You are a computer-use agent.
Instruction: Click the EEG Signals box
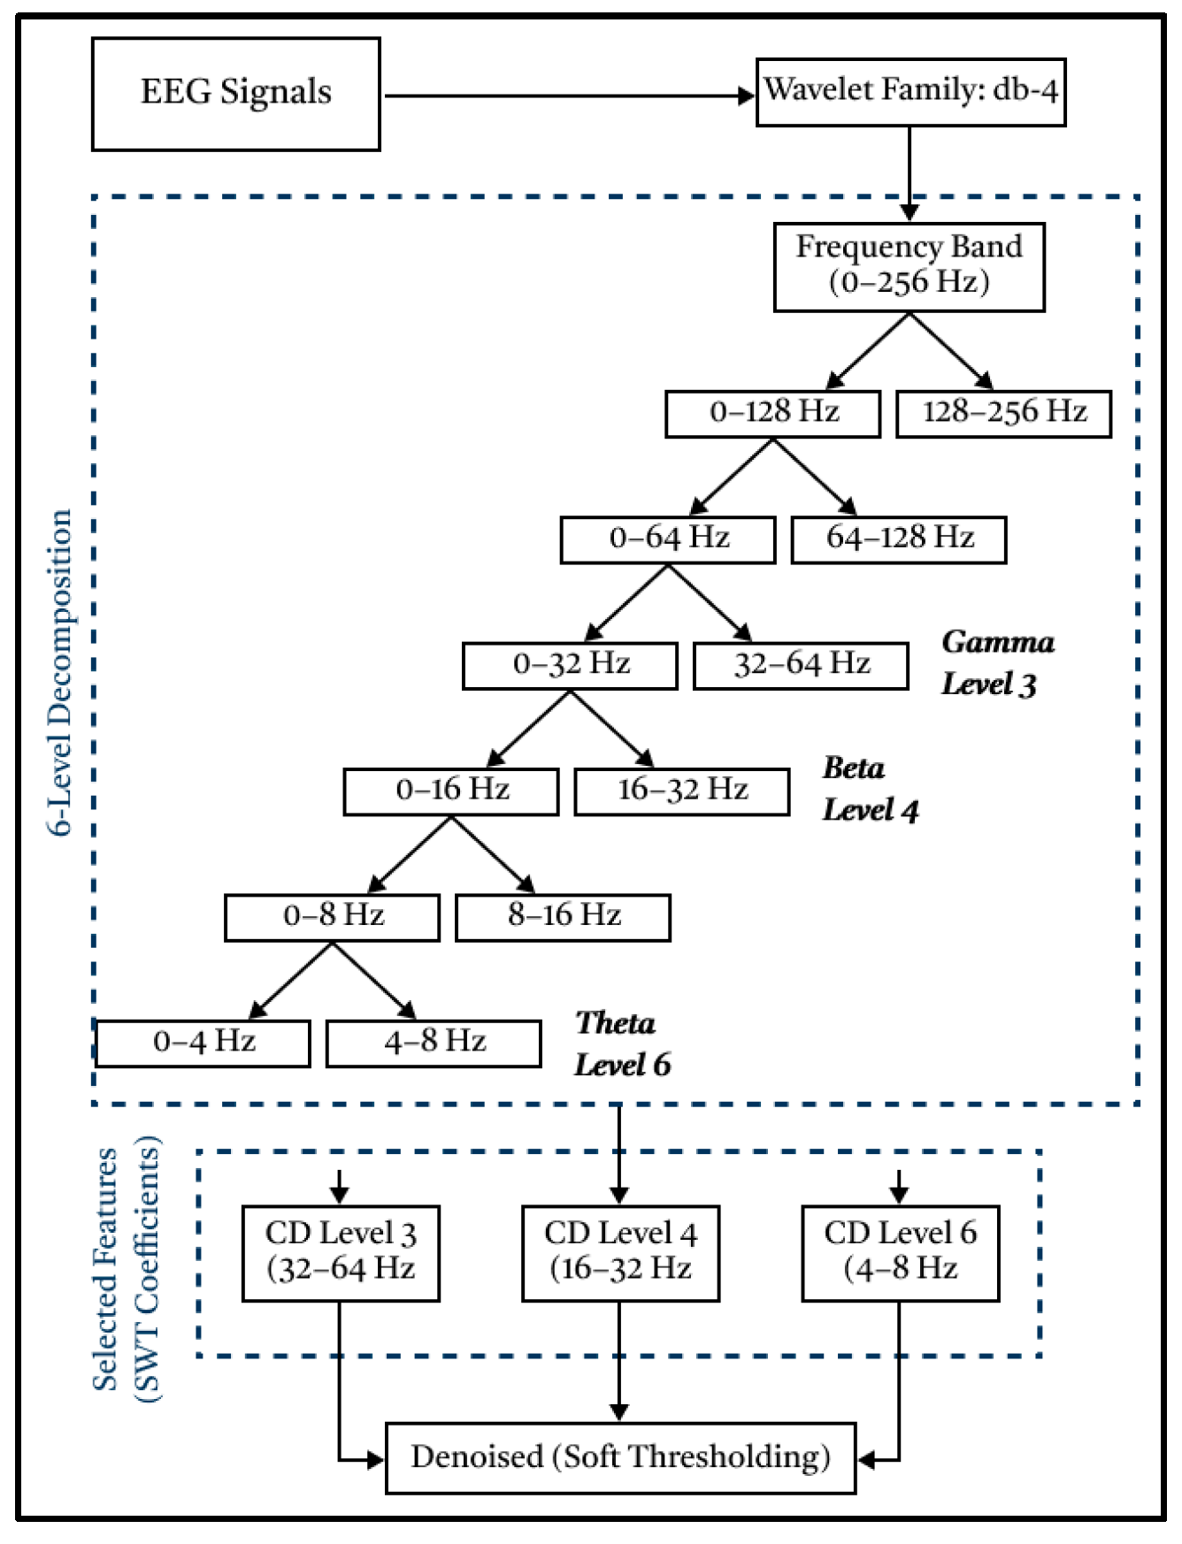coord(236,94)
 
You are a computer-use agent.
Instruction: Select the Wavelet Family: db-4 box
coord(910,92)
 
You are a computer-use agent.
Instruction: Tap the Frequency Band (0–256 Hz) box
coord(909,266)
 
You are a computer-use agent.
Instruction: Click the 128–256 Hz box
coord(1003,413)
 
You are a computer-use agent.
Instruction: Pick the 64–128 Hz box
coord(898,539)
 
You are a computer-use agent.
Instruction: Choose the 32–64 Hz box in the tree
coord(801,665)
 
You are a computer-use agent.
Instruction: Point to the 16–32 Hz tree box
coord(681,791)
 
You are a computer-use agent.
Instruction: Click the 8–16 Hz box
coord(563,916)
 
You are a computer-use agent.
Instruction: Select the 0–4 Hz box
coord(203,1043)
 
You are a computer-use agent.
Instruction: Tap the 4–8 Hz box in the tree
coord(434,1043)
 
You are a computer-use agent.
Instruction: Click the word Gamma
coord(997,642)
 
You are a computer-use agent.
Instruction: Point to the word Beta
coord(853,768)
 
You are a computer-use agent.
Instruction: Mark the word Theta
coord(615,1023)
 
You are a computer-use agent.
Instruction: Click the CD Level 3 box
coord(341,1252)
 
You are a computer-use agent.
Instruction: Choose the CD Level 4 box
coord(620,1252)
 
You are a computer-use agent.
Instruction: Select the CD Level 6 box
coord(900,1252)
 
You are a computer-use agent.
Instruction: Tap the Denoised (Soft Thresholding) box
coord(620,1457)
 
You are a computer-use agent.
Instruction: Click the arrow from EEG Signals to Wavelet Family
coord(566,96)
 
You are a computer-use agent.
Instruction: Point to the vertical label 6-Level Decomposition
coord(60,672)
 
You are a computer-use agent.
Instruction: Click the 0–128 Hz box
coord(772,413)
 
